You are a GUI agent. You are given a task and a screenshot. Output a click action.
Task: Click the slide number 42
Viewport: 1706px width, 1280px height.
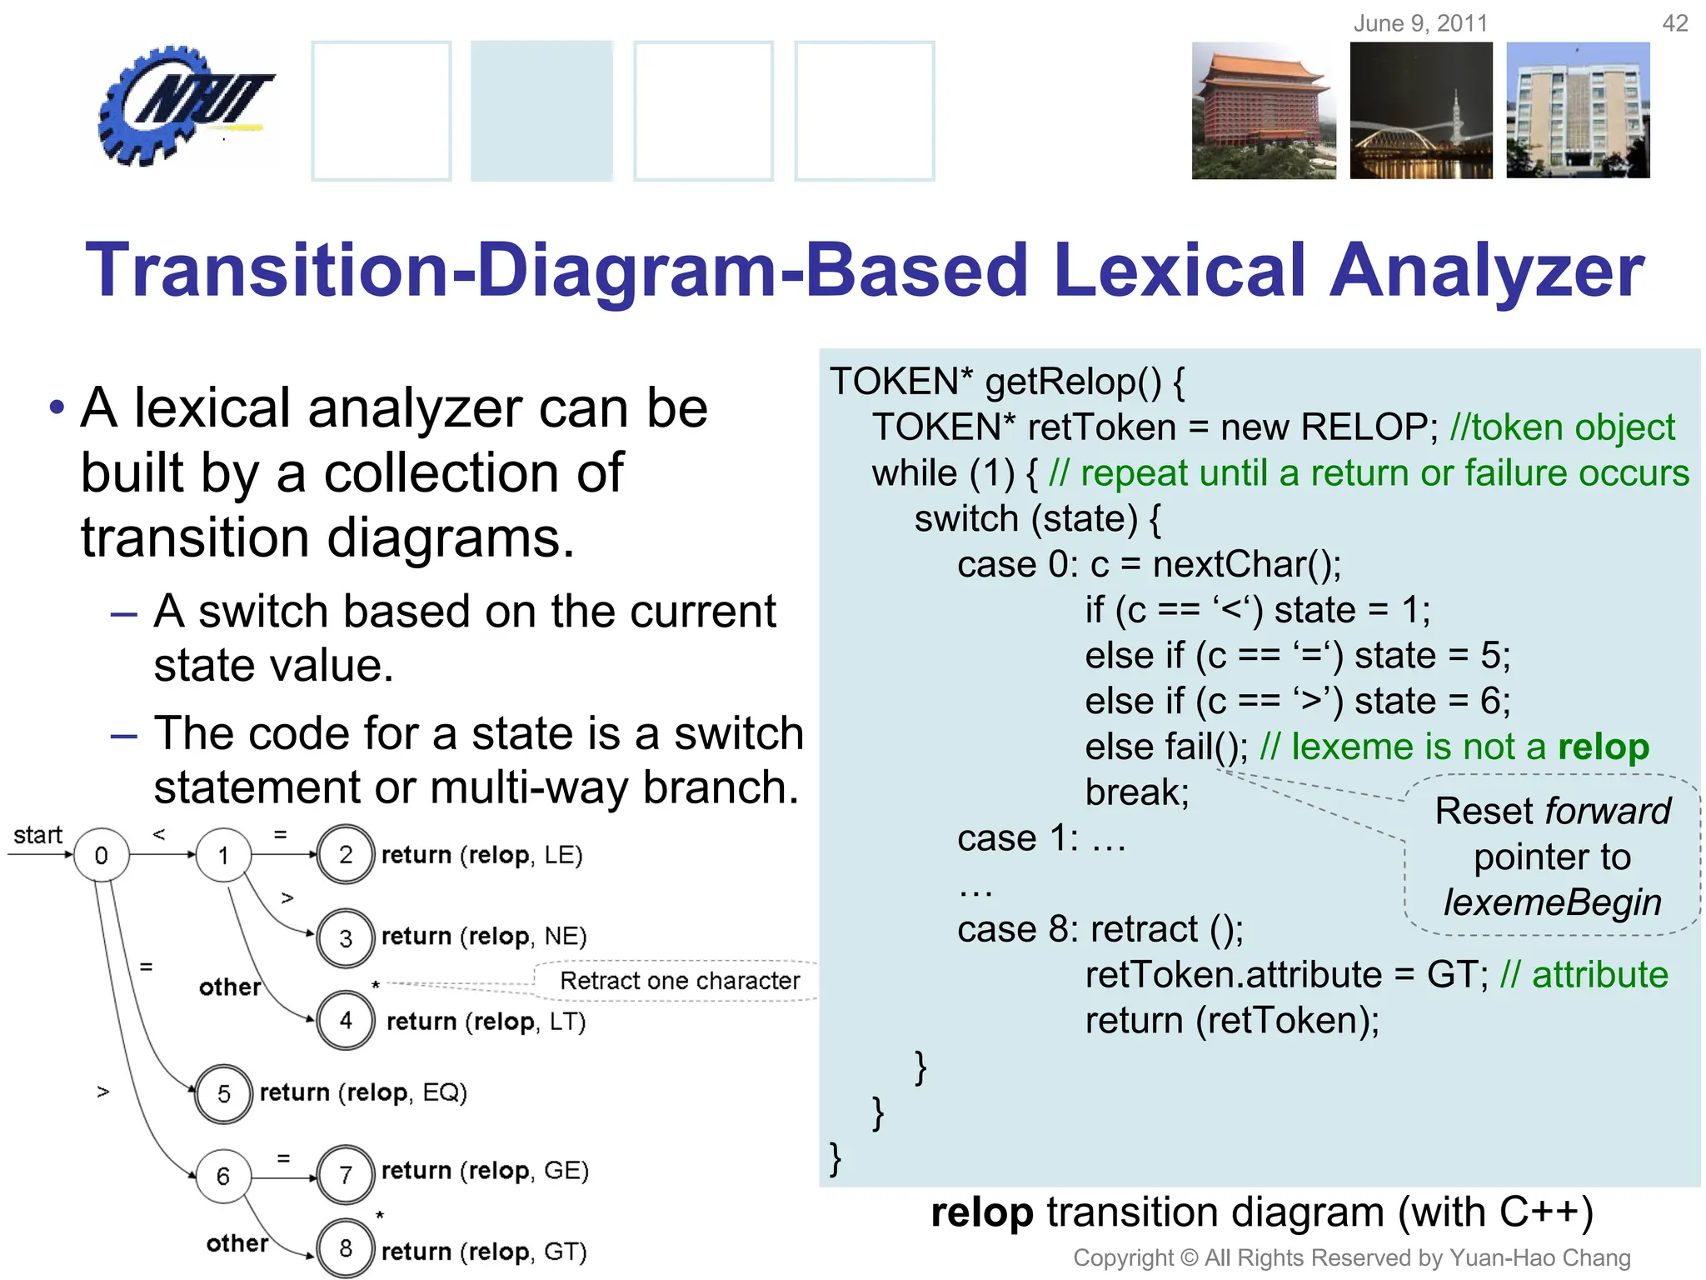pyautogui.click(x=1674, y=23)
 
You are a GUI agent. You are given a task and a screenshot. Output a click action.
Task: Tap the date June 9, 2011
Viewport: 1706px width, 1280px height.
pyautogui.click(x=1420, y=23)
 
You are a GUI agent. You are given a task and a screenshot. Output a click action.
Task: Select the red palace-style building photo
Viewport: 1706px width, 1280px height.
pyautogui.click(x=1263, y=111)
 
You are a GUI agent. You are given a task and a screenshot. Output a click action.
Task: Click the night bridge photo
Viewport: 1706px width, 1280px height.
pyautogui.click(x=1421, y=111)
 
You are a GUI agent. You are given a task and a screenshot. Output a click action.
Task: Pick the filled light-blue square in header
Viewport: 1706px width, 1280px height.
pyautogui.click(x=541, y=111)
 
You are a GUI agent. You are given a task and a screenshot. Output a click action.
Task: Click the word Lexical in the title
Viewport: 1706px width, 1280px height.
pyautogui.click(x=1179, y=271)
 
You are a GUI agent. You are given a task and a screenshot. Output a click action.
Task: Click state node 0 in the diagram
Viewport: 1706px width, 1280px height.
pyautogui.click(x=102, y=855)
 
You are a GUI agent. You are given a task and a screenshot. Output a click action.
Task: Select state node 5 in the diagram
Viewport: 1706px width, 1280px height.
pyautogui.click(x=223, y=1093)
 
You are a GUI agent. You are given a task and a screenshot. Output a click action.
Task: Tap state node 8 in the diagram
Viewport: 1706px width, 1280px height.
pyautogui.click(x=346, y=1248)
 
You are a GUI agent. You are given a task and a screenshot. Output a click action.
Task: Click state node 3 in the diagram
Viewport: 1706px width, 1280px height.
pyautogui.click(x=346, y=938)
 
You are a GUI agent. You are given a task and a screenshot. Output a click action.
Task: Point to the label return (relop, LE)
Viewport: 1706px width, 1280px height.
pyautogui.click(x=481, y=855)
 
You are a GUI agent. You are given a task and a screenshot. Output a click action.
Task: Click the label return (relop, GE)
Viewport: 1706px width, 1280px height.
pyautogui.click(x=485, y=1171)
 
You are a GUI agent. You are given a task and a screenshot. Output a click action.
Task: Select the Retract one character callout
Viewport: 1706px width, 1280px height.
pyautogui.click(x=679, y=981)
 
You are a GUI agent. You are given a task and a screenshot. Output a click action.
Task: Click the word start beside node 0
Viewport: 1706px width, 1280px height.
pyautogui.click(x=37, y=835)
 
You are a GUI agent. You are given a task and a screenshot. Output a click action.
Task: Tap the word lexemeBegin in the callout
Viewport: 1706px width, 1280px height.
pyautogui.click(x=1552, y=902)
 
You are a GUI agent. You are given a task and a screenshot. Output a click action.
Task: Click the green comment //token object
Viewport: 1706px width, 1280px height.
pyautogui.click(x=1562, y=427)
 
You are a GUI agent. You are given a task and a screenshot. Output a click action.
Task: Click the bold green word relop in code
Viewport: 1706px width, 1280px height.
pyautogui.click(x=1603, y=747)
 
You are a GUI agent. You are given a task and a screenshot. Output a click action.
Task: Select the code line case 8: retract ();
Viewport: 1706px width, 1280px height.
pyautogui.click(x=1100, y=929)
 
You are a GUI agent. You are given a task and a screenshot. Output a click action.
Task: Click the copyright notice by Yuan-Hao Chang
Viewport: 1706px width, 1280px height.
pyautogui.click(x=1351, y=1257)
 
